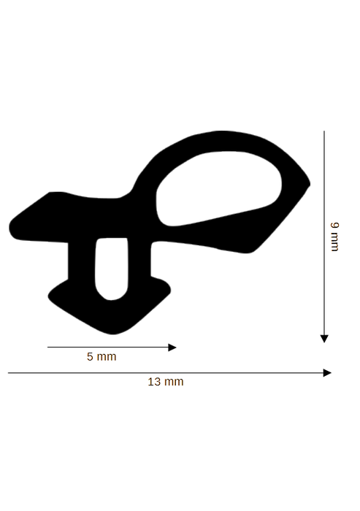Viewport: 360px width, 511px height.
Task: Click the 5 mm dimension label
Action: tap(102, 356)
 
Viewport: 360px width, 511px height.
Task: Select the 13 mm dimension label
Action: tap(166, 382)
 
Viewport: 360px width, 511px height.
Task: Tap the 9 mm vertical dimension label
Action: tap(334, 237)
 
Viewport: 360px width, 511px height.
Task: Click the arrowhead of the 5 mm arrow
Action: tap(172, 347)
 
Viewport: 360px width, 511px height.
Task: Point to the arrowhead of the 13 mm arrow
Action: tap(327, 373)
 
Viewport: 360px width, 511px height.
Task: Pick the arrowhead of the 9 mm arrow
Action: tap(324, 339)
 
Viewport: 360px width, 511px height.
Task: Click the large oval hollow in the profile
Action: tap(218, 188)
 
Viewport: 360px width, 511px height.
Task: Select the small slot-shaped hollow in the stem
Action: tap(111, 269)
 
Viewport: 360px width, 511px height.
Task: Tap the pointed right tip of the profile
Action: tap(309, 185)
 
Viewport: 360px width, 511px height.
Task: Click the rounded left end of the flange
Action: tap(11, 228)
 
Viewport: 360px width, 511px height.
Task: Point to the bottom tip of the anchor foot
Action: tap(112, 334)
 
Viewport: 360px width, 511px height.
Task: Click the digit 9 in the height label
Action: tap(334, 225)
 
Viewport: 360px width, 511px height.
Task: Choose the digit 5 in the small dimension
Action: tap(90, 356)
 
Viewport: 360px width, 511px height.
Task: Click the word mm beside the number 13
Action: tap(174, 382)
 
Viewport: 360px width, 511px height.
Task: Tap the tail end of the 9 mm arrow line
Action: tap(324, 131)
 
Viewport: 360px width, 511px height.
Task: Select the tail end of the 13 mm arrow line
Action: tap(8, 372)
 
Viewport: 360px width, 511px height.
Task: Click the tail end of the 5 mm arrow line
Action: tap(47, 347)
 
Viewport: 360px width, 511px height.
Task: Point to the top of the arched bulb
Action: tap(222, 131)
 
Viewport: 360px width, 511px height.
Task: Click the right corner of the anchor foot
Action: tap(169, 289)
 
